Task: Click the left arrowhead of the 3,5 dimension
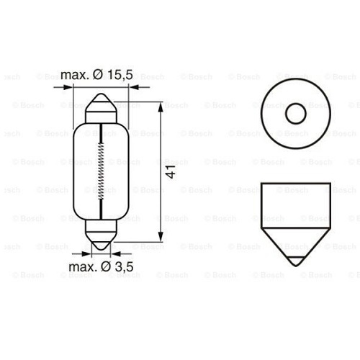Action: (92, 254)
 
